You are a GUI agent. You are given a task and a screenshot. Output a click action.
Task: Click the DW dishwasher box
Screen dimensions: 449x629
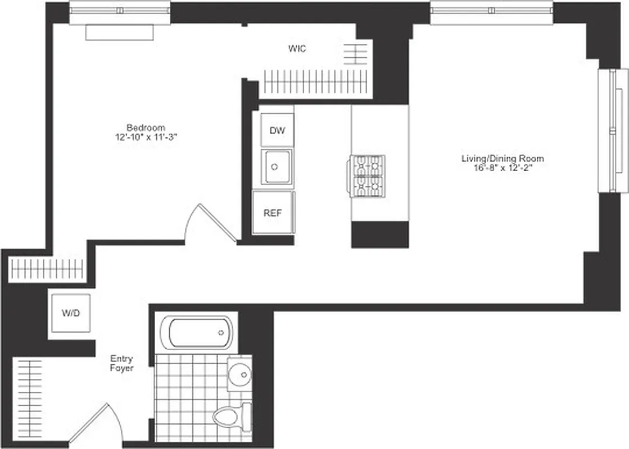point(277,131)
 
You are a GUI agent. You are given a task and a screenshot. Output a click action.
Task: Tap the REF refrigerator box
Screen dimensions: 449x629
point(273,213)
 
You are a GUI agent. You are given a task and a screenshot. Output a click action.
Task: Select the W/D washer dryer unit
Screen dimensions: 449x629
point(70,313)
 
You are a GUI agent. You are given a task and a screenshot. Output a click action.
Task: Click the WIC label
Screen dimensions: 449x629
point(297,49)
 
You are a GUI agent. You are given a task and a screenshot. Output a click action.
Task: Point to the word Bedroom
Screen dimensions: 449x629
point(146,127)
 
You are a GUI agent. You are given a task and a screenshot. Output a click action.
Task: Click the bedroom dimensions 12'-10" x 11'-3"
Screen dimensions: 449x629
point(146,136)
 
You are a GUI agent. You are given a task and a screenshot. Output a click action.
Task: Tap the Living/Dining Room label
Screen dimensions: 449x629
point(503,159)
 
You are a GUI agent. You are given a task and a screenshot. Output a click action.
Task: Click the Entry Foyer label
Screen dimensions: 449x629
point(122,363)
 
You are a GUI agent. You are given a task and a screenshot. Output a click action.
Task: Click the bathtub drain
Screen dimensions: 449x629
point(221,333)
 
